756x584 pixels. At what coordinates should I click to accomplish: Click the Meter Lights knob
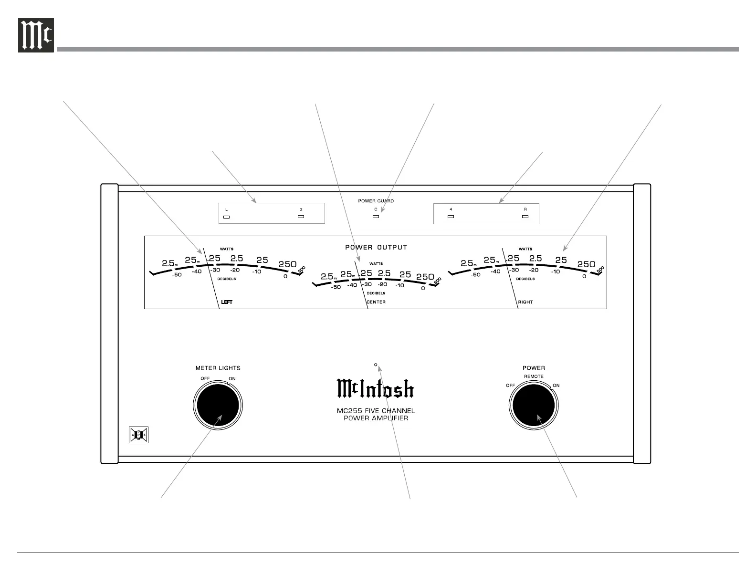click(x=218, y=405)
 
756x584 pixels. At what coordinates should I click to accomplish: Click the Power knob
click(x=533, y=405)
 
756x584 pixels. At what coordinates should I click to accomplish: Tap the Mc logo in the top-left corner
click(x=36, y=35)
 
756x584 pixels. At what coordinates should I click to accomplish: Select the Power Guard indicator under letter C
click(x=376, y=217)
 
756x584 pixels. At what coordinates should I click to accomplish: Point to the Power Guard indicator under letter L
click(x=227, y=217)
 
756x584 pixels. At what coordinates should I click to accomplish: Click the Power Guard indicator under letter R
click(x=525, y=217)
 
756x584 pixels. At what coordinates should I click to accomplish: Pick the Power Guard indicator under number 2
click(x=301, y=217)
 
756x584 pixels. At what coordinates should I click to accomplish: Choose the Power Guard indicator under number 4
click(x=451, y=217)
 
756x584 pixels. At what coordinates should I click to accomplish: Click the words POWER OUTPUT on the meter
click(x=376, y=247)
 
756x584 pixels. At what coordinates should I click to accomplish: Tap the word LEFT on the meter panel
click(x=227, y=302)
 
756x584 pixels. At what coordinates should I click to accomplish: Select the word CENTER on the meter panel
click(x=376, y=302)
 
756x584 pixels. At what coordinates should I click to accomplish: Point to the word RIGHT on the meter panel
click(x=525, y=302)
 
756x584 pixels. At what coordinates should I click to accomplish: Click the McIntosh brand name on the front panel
click(x=376, y=389)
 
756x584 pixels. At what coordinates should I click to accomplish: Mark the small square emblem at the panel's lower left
click(x=139, y=435)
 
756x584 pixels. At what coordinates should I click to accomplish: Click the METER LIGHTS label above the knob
click(x=218, y=368)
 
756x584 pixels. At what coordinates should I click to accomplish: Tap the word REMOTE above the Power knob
click(x=534, y=376)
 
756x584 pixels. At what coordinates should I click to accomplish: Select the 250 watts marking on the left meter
click(x=287, y=264)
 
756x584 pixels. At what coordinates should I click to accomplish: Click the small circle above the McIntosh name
click(x=376, y=365)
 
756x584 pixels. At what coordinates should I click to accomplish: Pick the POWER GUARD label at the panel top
click(x=376, y=201)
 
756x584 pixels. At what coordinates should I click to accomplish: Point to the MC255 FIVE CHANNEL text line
click(x=376, y=411)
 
